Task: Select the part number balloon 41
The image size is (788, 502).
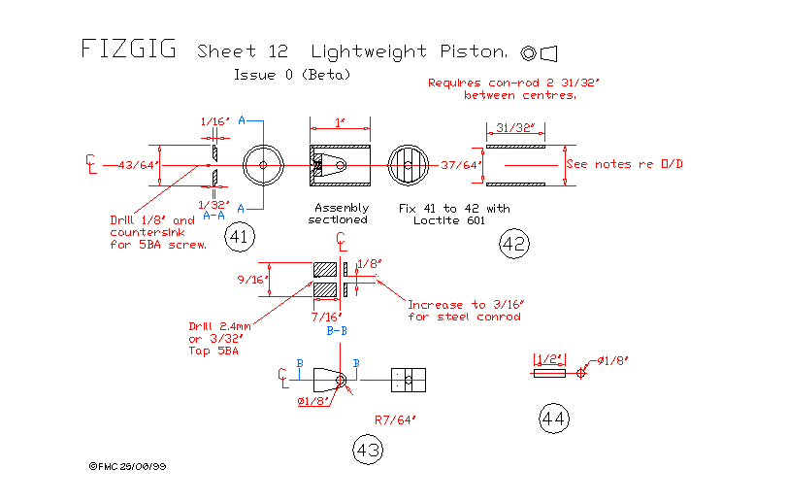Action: pyautogui.click(x=238, y=235)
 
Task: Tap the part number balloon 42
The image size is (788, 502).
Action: pyautogui.click(x=513, y=244)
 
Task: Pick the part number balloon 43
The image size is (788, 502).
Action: pyautogui.click(x=368, y=450)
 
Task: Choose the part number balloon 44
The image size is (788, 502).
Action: pyautogui.click(x=554, y=418)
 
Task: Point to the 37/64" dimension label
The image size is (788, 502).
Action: pyautogui.click(x=460, y=165)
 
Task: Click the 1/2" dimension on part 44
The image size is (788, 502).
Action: pyautogui.click(x=549, y=359)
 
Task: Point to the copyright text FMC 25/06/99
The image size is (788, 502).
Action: pyautogui.click(x=127, y=466)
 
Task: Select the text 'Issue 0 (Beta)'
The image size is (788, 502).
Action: pyautogui.click(x=292, y=74)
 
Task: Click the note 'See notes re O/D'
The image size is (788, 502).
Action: pyautogui.click(x=624, y=164)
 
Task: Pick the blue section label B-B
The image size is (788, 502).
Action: pyautogui.click(x=337, y=331)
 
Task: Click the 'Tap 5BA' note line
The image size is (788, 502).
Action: pyautogui.click(x=213, y=351)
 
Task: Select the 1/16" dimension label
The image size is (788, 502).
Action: pyautogui.click(x=214, y=122)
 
